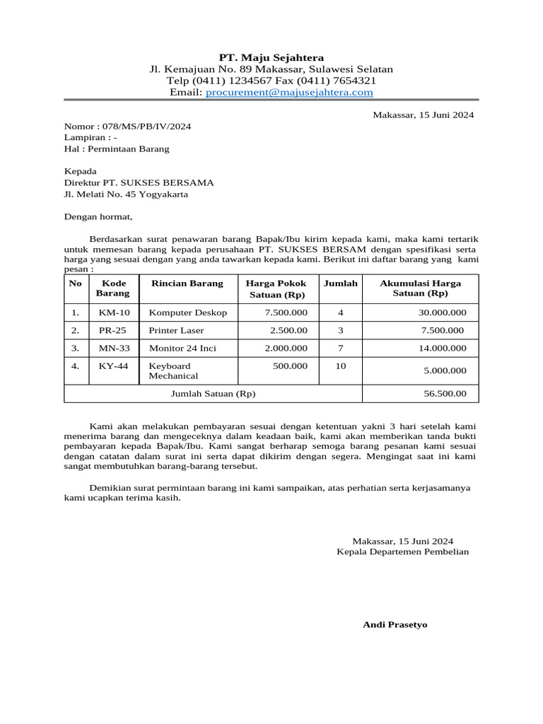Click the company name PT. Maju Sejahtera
[271, 57]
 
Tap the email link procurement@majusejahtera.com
[289, 93]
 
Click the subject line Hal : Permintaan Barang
[117, 149]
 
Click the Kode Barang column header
[113, 288]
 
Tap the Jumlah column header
[341, 284]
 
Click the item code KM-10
[114, 313]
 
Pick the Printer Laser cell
[176, 330]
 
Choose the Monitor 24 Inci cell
[182, 348]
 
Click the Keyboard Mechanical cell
[173, 370]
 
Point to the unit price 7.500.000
[286, 313]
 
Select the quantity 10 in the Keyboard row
[341, 366]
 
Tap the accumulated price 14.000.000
[443, 348]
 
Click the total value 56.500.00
[445, 394]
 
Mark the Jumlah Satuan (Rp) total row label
[214, 394]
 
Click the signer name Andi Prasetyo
[395, 625]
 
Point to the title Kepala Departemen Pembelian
[402, 551]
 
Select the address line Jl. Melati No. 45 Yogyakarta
[126, 194]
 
